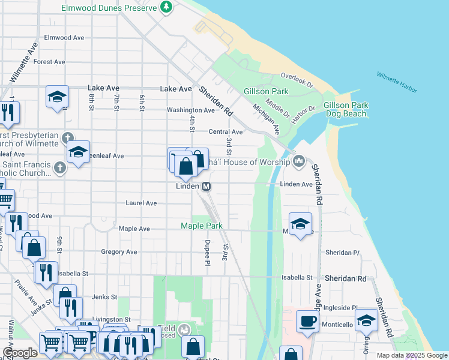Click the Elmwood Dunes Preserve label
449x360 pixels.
(x=109, y=8)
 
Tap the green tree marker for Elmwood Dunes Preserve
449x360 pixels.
(x=167, y=8)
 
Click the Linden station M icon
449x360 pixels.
(x=206, y=187)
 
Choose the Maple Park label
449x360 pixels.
(x=202, y=226)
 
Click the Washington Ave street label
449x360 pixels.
(x=190, y=110)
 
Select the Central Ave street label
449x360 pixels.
(x=225, y=132)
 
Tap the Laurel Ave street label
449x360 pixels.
(x=141, y=203)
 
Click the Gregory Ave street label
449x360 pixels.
(x=119, y=252)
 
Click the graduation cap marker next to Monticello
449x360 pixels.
(x=366, y=320)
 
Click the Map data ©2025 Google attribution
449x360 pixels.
(x=411, y=355)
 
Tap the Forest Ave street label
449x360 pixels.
(x=49, y=62)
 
